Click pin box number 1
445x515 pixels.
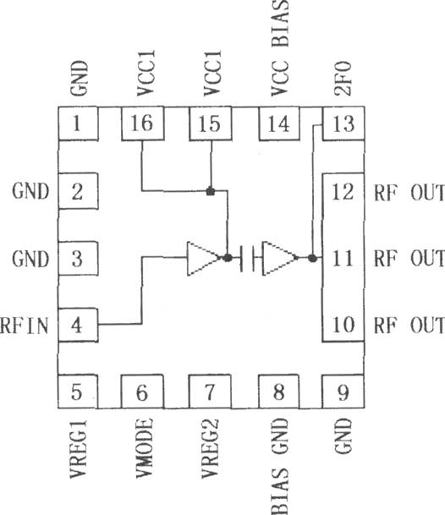pos(78,123)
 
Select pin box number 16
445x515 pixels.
pos(143,123)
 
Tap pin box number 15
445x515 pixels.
pos(211,123)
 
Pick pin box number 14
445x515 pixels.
pos(279,123)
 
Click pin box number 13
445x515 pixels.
pos(343,123)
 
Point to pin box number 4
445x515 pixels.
pos(78,326)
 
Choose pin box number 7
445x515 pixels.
pos(210,392)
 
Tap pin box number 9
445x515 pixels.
pos(343,392)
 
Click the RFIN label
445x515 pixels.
pos(25,326)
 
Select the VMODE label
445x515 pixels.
pos(145,448)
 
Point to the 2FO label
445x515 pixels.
pos(343,78)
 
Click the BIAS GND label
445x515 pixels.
pos(280,467)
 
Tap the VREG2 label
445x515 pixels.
pos(210,448)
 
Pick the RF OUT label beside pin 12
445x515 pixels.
pos(409,193)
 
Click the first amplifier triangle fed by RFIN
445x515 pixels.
pos(204,258)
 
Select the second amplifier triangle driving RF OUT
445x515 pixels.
pos(280,258)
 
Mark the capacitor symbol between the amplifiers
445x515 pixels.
pos(247,258)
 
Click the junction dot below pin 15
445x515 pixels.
pos(211,191)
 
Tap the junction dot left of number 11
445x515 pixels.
pos(312,258)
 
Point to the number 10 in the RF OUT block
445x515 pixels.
pos(343,326)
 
